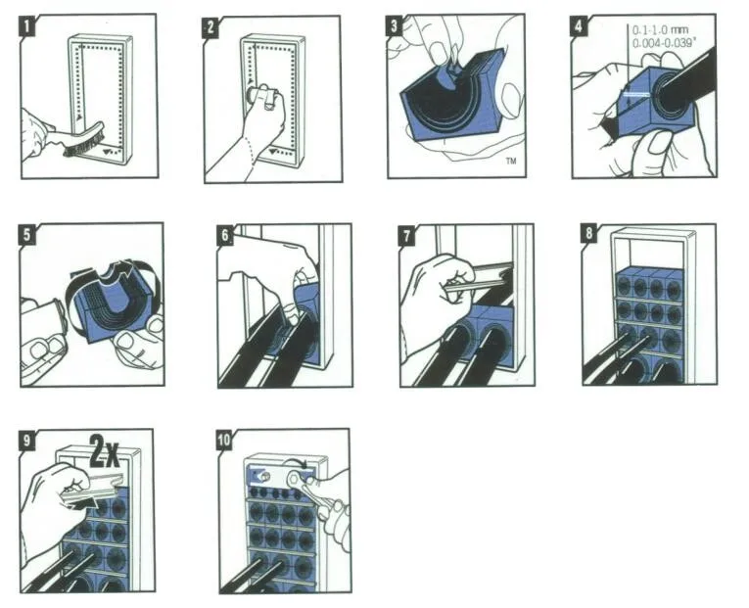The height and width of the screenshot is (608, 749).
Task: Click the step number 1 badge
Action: point(27,26)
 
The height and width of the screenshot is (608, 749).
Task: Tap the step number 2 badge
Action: point(211,27)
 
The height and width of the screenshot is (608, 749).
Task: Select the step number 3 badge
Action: point(395,25)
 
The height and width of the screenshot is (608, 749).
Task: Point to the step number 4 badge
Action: point(579,25)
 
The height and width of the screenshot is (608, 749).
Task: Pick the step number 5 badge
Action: point(27,235)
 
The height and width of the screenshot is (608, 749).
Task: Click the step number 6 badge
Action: point(225,235)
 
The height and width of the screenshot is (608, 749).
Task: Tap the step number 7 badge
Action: point(407,236)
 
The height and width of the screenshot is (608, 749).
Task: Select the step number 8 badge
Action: point(589,233)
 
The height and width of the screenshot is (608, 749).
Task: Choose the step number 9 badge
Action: point(27,440)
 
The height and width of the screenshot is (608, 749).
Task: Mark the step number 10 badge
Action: point(224,440)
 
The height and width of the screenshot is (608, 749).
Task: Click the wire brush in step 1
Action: point(83,139)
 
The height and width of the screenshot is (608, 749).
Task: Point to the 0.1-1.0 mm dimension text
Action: point(661,30)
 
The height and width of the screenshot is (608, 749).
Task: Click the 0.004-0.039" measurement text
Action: point(664,43)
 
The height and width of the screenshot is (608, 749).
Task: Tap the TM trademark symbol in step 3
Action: point(511,161)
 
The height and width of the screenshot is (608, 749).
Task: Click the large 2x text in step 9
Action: point(105,450)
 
